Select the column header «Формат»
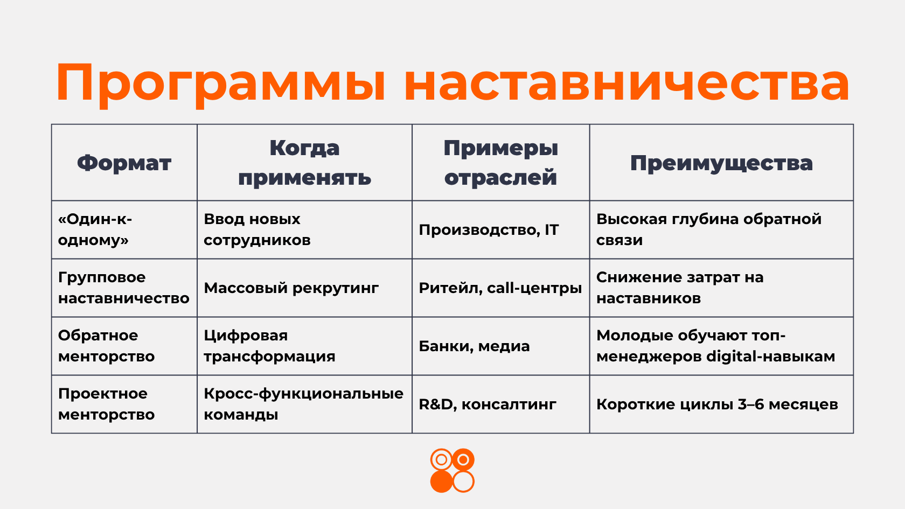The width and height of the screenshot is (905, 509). (x=124, y=163)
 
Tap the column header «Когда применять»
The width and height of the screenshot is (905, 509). (x=305, y=163)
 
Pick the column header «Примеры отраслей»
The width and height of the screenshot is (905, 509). (x=500, y=163)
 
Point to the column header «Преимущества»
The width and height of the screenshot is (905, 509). (x=721, y=163)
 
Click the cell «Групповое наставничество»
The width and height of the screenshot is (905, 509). (x=124, y=288)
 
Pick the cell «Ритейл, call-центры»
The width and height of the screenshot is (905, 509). (x=500, y=288)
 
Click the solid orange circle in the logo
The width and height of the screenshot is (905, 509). (x=441, y=482)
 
